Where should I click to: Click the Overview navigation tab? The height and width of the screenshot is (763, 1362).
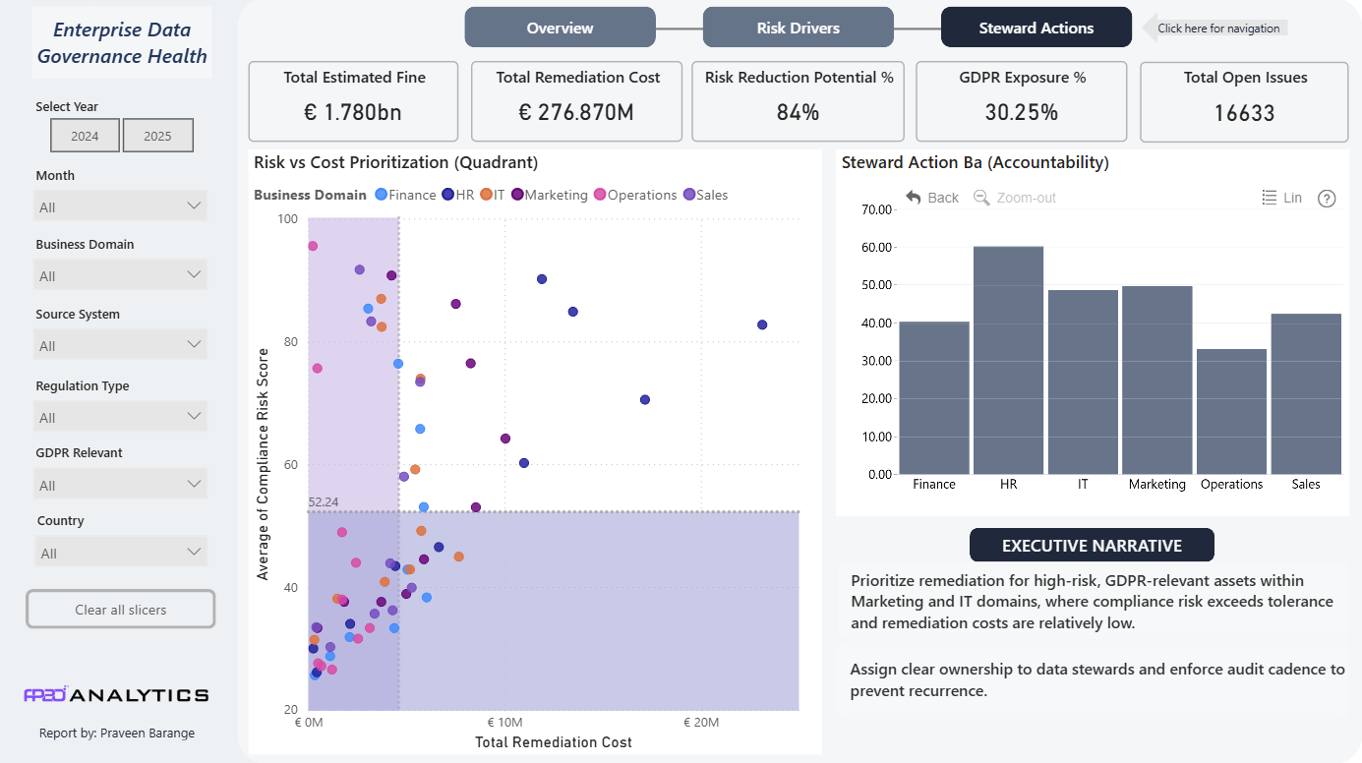[560, 28]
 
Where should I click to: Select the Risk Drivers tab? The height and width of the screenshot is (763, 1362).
[798, 28]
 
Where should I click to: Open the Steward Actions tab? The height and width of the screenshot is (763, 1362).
[1036, 28]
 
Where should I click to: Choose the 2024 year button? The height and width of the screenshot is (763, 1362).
[85, 136]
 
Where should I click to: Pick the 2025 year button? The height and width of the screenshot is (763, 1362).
[157, 136]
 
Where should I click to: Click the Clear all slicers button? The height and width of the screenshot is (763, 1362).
[120, 610]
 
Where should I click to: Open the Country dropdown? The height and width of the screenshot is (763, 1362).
[120, 552]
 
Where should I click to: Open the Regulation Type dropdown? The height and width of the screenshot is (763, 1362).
[120, 417]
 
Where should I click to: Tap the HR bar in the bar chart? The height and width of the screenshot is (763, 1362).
[1008, 360]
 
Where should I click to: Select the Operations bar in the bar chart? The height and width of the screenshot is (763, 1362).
[1231, 412]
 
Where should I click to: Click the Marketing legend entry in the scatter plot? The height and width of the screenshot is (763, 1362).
[550, 195]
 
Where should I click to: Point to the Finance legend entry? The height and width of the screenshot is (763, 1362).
[405, 195]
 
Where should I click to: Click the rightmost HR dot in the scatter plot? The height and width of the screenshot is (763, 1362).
[762, 324]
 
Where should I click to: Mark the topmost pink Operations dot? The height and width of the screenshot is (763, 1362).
[313, 246]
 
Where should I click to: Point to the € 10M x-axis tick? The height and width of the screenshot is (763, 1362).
[504, 723]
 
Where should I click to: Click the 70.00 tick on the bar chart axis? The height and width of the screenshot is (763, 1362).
[876, 209]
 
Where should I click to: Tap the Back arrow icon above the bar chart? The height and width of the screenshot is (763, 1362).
[914, 197]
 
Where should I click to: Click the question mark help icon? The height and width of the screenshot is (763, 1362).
[1327, 199]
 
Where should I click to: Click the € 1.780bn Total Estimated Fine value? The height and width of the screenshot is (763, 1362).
[353, 112]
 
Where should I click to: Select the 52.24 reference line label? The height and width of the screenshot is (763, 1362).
[323, 502]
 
